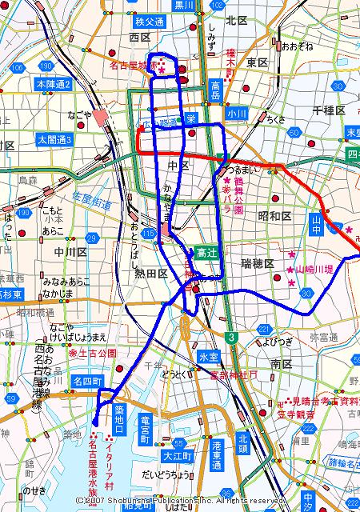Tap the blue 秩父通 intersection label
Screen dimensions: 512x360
tap(150, 22)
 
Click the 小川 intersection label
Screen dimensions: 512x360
tap(235, 114)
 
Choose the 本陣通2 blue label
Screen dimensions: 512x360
tap(54, 83)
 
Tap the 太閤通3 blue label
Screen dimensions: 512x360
tap(54, 139)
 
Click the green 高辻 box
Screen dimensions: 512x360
tap(206, 252)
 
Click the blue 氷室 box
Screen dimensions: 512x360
tap(209, 355)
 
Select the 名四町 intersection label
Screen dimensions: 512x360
tap(86, 382)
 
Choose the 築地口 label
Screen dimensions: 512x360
tap(119, 419)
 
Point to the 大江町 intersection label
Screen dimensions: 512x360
tap(174, 457)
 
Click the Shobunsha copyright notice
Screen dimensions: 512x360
tap(180, 500)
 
